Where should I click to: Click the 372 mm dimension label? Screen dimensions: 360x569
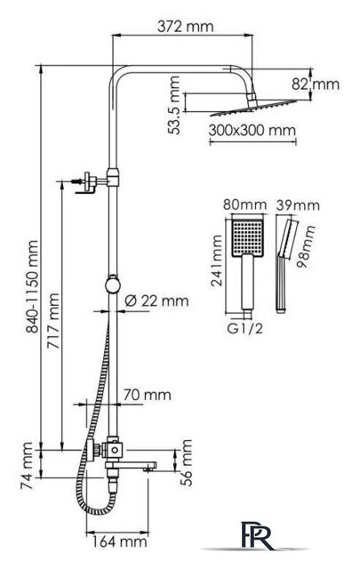point(186,27)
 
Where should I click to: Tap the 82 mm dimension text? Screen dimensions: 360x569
point(316,84)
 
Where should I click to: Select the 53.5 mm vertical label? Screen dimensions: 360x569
point(174,105)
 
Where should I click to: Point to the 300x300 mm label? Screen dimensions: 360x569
point(252,131)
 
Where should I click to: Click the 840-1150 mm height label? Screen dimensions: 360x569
point(32,286)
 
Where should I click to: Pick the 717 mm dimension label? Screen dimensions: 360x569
point(53,321)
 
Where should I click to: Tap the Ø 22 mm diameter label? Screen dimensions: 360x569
point(156,301)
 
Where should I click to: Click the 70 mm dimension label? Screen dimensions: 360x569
point(147,395)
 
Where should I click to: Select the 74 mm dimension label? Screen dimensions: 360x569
point(28,466)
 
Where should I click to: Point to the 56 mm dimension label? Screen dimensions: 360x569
point(186,462)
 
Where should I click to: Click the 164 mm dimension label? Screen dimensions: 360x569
point(119,542)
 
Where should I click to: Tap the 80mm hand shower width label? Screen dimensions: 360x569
point(244,204)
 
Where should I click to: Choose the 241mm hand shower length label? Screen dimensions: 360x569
point(217,260)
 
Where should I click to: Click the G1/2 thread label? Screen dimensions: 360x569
point(244,329)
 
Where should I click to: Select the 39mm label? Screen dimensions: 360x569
point(298,205)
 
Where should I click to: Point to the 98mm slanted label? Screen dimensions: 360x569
point(306,246)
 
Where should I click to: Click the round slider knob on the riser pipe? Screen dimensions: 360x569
point(113,285)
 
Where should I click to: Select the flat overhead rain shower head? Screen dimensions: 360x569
point(253,108)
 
